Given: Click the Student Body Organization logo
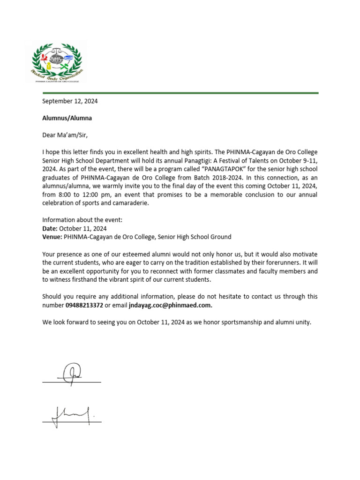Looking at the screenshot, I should pyautogui.click(x=57, y=62).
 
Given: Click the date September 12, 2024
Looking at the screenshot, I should pyautogui.click(x=70, y=101).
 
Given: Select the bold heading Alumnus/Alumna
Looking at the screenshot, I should pyautogui.click(x=67, y=118).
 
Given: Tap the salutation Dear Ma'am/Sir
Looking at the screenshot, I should pyautogui.click(x=65, y=135).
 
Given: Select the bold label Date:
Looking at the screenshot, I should pyautogui.click(x=50, y=228).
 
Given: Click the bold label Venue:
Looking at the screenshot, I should pyautogui.click(x=52, y=237).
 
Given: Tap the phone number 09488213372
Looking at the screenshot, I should pyautogui.click(x=84, y=305).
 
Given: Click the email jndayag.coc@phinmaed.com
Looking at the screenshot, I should pyautogui.click(x=171, y=305).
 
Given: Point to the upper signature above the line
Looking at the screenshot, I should pyautogui.click(x=71, y=372).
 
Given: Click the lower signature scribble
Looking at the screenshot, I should pyautogui.click(x=70, y=414).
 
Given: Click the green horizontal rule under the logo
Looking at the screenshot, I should pyautogui.click(x=178, y=93).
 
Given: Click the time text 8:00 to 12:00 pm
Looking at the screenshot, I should pyautogui.click(x=87, y=195).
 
